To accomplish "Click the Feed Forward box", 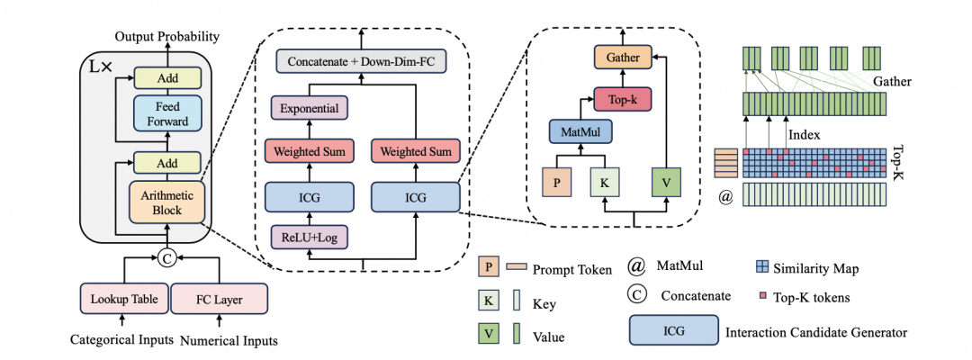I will tap(168, 112).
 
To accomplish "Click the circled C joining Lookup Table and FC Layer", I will tap(166, 259).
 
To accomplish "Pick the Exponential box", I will tap(309, 109).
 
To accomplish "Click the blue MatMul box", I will tap(580, 134).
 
